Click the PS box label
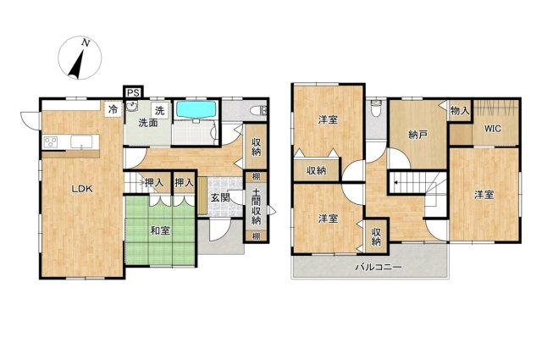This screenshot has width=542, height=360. [x=133, y=92]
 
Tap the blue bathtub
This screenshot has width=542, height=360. [x=196, y=109]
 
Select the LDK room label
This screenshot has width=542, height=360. [x=82, y=189]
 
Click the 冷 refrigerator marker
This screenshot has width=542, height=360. [x=113, y=109]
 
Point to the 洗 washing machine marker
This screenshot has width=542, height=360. [x=159, y=111]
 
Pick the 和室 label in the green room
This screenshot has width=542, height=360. [x=160, y=230]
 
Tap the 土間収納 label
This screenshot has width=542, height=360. [x=256, y=206]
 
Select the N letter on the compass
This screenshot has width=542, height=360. [x=86, y=43]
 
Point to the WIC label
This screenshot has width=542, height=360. [x=492, y=129]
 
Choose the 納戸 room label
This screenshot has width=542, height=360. [x=418, y=135]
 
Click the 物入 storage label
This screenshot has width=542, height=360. [x=460, y=111]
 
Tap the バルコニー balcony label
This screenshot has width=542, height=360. [x=379, y=267]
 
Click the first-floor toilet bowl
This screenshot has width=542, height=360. [x=258, y=111]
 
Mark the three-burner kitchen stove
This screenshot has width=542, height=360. [x=51, y=142]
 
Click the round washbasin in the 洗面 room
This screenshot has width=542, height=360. [x=132, y=106]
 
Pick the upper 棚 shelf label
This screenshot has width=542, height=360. [x=256, y=176]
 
